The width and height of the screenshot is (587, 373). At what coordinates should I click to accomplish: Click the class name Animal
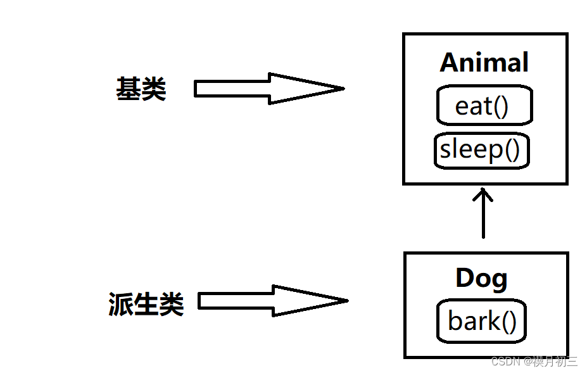pos(484,63)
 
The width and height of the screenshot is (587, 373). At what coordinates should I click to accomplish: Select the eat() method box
pos(484,106)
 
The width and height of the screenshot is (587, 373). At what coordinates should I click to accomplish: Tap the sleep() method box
pos(481,150)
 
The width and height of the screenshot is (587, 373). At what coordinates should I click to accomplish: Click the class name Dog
pos(481,278)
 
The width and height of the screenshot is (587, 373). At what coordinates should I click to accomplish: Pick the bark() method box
pos(482,321)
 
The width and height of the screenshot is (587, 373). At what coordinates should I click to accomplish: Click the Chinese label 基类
pos(141,89)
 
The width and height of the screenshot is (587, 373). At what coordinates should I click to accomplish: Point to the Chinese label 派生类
pos(146,305)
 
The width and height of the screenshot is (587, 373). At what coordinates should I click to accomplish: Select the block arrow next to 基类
pos(268,89)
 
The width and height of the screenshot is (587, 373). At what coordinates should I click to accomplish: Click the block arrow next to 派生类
pos(272,301)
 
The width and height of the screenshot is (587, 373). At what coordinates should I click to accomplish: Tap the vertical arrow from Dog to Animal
pos(483,215)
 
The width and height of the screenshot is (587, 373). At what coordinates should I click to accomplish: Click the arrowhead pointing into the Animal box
pos(483,192)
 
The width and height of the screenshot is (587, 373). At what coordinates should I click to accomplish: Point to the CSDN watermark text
pos(534,362)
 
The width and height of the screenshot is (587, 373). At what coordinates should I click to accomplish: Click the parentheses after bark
pos(509,322)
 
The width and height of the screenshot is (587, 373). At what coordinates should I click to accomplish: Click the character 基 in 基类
pos(128,89)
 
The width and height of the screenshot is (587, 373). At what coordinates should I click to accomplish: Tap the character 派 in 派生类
pos(121,305)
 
